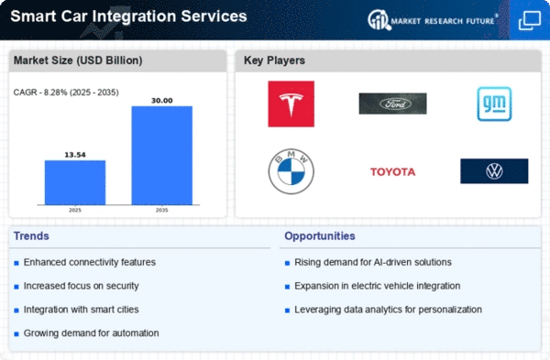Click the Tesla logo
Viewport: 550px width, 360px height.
(x=291, y=104)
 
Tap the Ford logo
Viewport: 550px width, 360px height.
(x=392, y=104)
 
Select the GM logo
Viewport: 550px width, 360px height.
(x=494, y=104)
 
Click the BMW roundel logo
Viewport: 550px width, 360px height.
(x=291, y=171)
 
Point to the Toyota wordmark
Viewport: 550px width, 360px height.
(x=392, y=172)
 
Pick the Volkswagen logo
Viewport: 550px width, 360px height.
(x=494, y=171)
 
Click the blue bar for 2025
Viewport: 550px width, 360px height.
(x=75, y=182)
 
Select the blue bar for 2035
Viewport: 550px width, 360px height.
(x=161, y=156)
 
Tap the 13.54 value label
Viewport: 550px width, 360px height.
(x=75, y=155)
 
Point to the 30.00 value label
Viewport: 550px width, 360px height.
(x=161, y=101)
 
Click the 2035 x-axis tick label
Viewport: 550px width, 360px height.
(x=161, y=210)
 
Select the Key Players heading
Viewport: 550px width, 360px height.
(x=274, y=60)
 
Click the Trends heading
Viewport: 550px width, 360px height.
(x=31, y=236)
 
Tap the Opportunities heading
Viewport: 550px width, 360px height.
(x=320, y=236)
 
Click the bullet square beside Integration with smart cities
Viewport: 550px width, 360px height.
(x=16, y=311)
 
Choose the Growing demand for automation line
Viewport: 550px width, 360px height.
(x=91, y=333)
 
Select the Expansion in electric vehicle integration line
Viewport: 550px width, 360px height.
(x=377, y=286)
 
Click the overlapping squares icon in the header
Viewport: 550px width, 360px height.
(x=529, y=20)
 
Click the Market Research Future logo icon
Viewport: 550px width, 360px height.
(x=379, y=19)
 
